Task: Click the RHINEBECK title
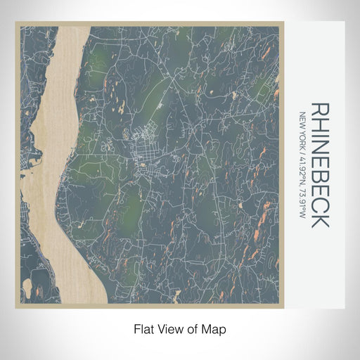tap(320, 165)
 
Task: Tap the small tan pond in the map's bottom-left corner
tap(27, 288)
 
